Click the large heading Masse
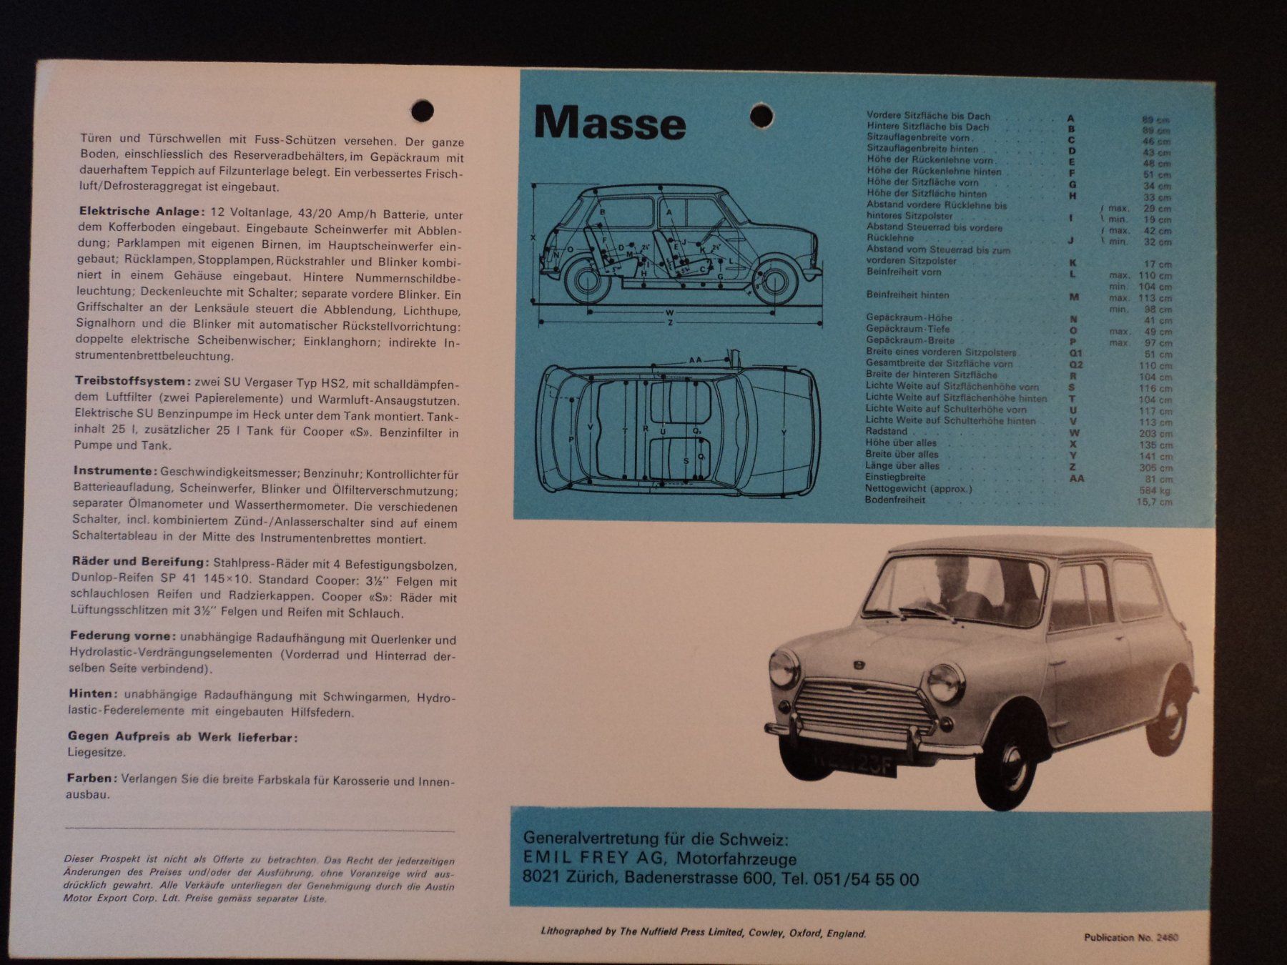[x=609, y=124]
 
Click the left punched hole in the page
[x=423, y=111]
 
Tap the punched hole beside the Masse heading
[x=761, y=115]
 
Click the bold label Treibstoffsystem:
[x=133, y=381]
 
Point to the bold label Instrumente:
[x=115, y=471]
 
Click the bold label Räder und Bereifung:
[x=139, y=562]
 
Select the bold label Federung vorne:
[x=122, y=635]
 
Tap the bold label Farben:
[x=92, y=778]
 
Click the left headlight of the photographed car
[x=784, y=670]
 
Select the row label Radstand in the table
[x=886, y=432]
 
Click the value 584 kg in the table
[x=1155, y=490]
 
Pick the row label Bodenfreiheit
[x=894, y=500]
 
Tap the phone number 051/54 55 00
[x=865, y=879]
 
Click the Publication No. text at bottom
[x=1130, y=937]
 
